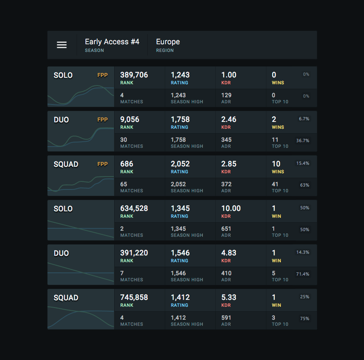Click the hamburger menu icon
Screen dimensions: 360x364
[62, 45]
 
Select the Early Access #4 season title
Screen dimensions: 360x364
[112, 42]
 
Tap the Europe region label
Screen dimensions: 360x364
[168, 42]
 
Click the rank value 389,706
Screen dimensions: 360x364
[134, 75]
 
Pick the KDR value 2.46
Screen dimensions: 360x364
[228, 119]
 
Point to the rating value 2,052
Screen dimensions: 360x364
[180, 164]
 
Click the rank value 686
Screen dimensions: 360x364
[126, 164]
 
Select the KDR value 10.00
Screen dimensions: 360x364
[231, 208]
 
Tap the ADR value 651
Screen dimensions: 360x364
[226, 229]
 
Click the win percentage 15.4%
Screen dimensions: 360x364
[302, 163]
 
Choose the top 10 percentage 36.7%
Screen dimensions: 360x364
[302, 141]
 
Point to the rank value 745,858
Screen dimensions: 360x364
[134, 298]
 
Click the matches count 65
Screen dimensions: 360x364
[123, 184]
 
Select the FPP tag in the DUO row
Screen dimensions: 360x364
[102, 120]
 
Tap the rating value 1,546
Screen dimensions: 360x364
[180, 253]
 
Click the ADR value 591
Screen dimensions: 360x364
[226, 318]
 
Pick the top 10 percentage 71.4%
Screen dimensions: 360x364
[302, 274]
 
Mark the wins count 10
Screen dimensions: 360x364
[276, 164]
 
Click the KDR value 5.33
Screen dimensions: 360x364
[228, 298]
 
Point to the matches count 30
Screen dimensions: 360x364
[123, 140]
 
